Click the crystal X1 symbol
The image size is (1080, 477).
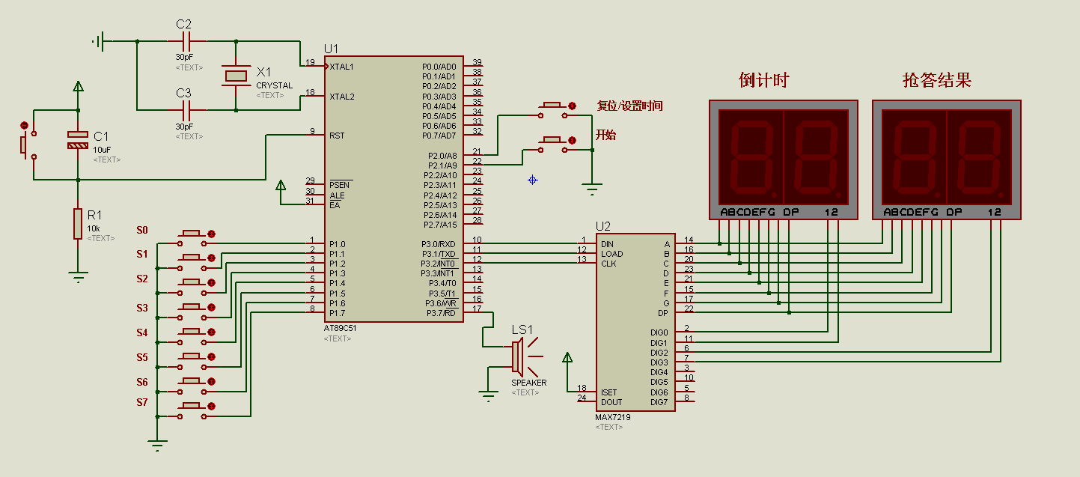tap(236, 76)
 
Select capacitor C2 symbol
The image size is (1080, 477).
tap(187, 41)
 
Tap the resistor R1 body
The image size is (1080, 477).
tap(78, 224)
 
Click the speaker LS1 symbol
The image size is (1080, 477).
tap(525, 357)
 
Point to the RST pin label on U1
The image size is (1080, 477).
tap(337, 136)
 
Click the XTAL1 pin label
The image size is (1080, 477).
tap(341, 67)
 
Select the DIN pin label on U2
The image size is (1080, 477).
tap(607, 244)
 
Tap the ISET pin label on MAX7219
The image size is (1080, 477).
tap(608, 392)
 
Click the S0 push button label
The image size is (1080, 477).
tap(142, 230)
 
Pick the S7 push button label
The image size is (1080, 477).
tap(142, 402)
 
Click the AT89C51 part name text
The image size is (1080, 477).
tap(340, 328)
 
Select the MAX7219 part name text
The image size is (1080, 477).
tap(612, 417)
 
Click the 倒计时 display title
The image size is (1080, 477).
tap(763, 80)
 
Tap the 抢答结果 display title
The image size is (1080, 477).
tap(937, 80)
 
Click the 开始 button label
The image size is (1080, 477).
tap(605, 135)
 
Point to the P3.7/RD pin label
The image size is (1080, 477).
tap(441, 313)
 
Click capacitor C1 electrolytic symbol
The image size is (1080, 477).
tap(78, 139)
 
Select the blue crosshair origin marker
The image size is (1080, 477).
tap(532, 180)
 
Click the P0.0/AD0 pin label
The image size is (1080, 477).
tap(439, 67)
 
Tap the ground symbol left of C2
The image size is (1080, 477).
tap(98, 41)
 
